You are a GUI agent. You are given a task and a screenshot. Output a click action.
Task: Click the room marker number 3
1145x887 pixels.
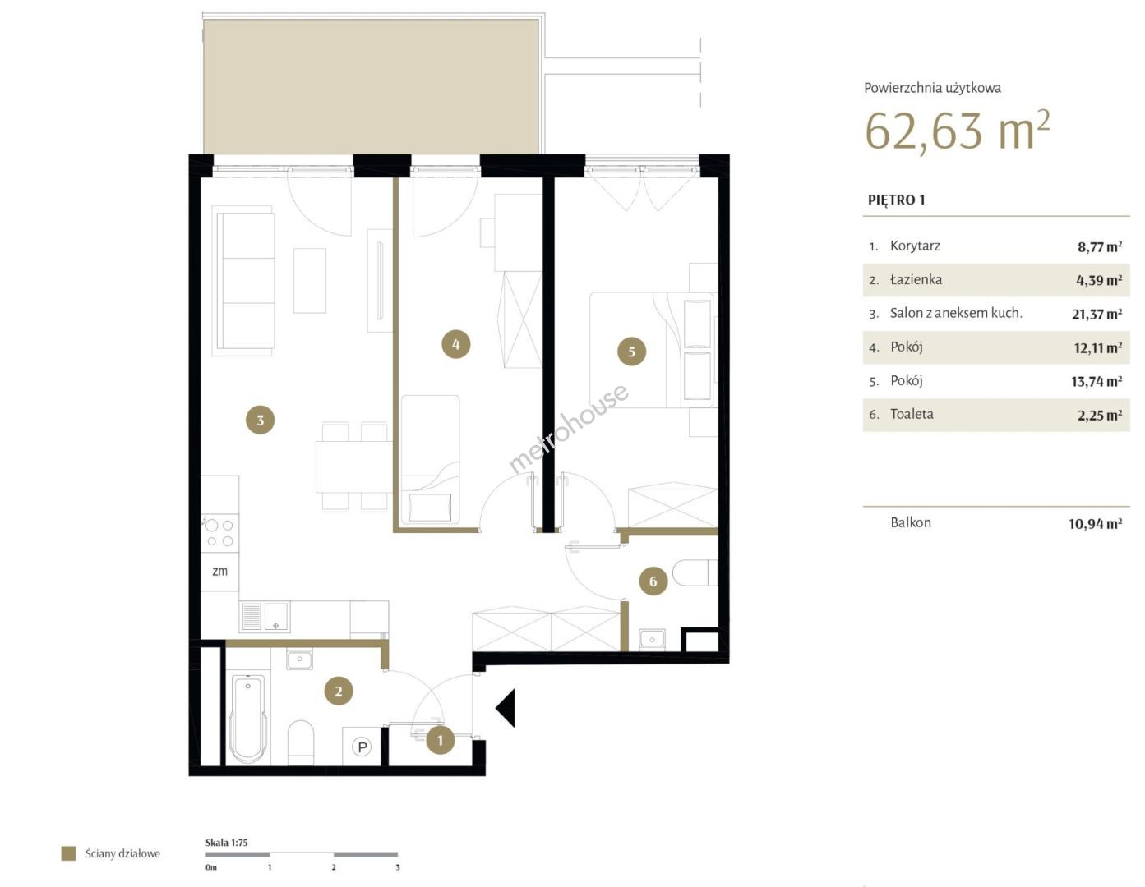(260, 420)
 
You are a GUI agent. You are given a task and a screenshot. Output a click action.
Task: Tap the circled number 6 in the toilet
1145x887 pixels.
(653, 581)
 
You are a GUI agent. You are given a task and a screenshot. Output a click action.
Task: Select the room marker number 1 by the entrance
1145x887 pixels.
(440, 741)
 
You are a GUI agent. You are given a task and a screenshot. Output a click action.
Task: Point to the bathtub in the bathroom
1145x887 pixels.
(249, 719)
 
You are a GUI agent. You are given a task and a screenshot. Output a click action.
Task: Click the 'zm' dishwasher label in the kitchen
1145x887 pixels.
(219, 571)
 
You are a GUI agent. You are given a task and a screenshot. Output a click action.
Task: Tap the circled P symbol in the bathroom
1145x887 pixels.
(362, 747)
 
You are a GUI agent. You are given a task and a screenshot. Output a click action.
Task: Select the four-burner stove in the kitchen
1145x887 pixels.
(219, 533)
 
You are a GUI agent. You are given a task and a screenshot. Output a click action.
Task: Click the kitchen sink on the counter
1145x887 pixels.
(265, 617)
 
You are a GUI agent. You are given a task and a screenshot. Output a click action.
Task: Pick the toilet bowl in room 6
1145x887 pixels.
(695, 572)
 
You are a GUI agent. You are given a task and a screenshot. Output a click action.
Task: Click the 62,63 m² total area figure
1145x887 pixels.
(958, 131)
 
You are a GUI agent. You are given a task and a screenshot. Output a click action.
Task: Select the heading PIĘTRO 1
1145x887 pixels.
(896, 200)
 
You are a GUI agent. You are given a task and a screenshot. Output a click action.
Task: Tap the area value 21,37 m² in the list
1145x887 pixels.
(1097, 315)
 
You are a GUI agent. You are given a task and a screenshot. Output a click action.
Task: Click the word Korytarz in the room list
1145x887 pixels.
(915, 246)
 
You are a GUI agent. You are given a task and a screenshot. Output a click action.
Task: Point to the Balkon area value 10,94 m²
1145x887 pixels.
(1095, 524)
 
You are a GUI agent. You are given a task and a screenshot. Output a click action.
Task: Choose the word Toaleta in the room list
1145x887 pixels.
(912, 414)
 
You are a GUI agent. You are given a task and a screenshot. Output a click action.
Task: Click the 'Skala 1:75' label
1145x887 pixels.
(226, 843)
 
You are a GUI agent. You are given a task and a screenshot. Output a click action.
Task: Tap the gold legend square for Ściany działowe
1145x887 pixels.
(68, 853)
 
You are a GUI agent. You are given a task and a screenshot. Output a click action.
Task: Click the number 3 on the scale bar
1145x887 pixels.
(397, 867)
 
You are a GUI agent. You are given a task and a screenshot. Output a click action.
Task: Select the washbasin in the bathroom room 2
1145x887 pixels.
(299, 659)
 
